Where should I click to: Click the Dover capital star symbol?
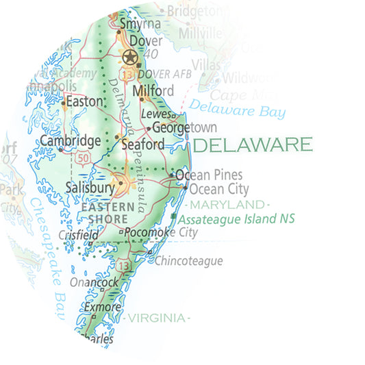pos(129,57)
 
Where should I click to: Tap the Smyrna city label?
pos(140,24)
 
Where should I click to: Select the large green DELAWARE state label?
pos(253,144)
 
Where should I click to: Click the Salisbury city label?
pos(90,186)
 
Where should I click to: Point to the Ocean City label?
pos(218,189)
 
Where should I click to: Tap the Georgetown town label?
pos(184,128)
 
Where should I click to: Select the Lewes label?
pos(155,114)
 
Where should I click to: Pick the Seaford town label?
pos(143,144)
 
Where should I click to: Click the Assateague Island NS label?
pos(236,220)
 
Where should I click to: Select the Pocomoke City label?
pos(160,233)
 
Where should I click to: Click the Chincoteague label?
pos(188,261)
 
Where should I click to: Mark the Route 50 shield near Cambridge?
pos(83,158)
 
